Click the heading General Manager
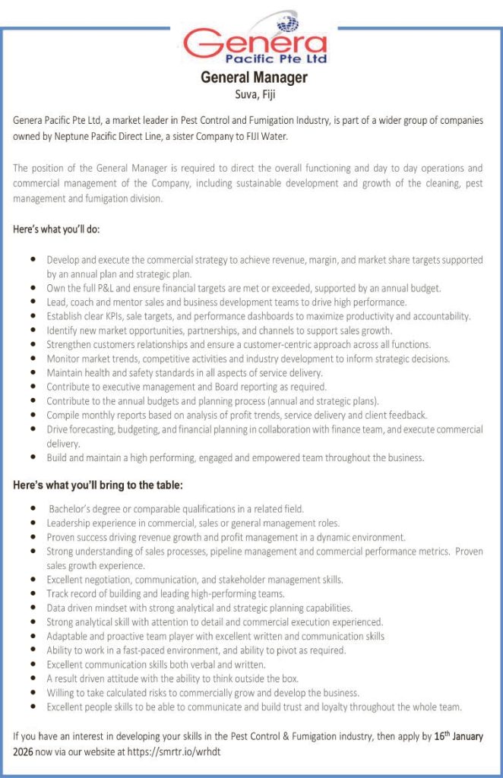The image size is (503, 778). pyautogui.click(x=254, y=77)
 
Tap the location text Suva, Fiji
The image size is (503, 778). pyautogui.click(x=254, y=94)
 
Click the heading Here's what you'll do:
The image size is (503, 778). pyautogui.click(x=56, y=229)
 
